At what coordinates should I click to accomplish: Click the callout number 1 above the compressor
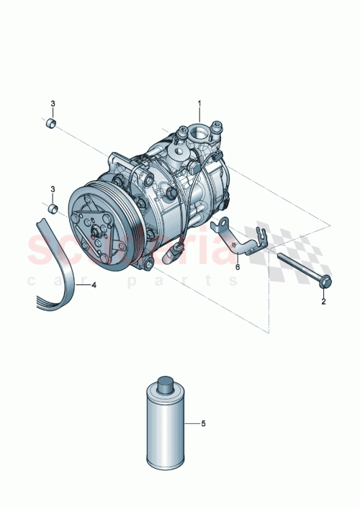200,104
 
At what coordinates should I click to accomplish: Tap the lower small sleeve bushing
52,209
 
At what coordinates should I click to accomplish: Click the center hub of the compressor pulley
96,232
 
